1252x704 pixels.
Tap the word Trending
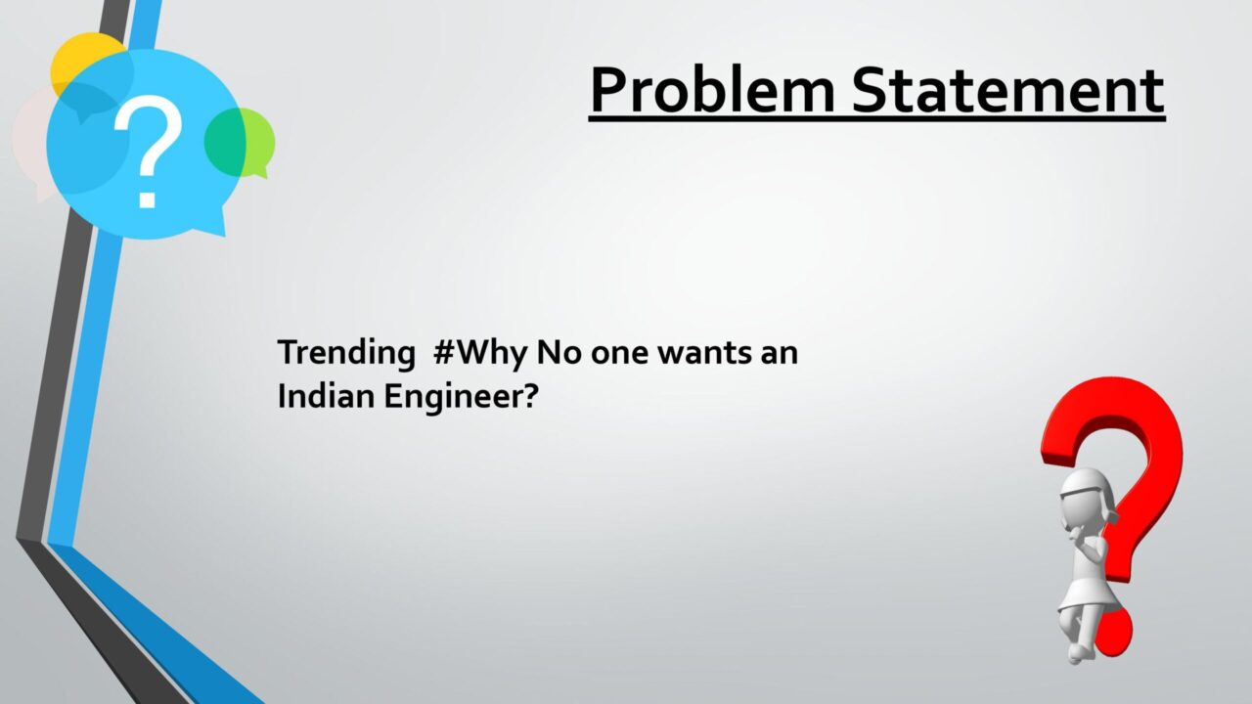346,354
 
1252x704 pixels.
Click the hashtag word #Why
480,354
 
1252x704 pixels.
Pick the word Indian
326,396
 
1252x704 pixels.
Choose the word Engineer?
461,397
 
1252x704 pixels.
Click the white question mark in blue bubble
148,151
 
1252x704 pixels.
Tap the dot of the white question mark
147,198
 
